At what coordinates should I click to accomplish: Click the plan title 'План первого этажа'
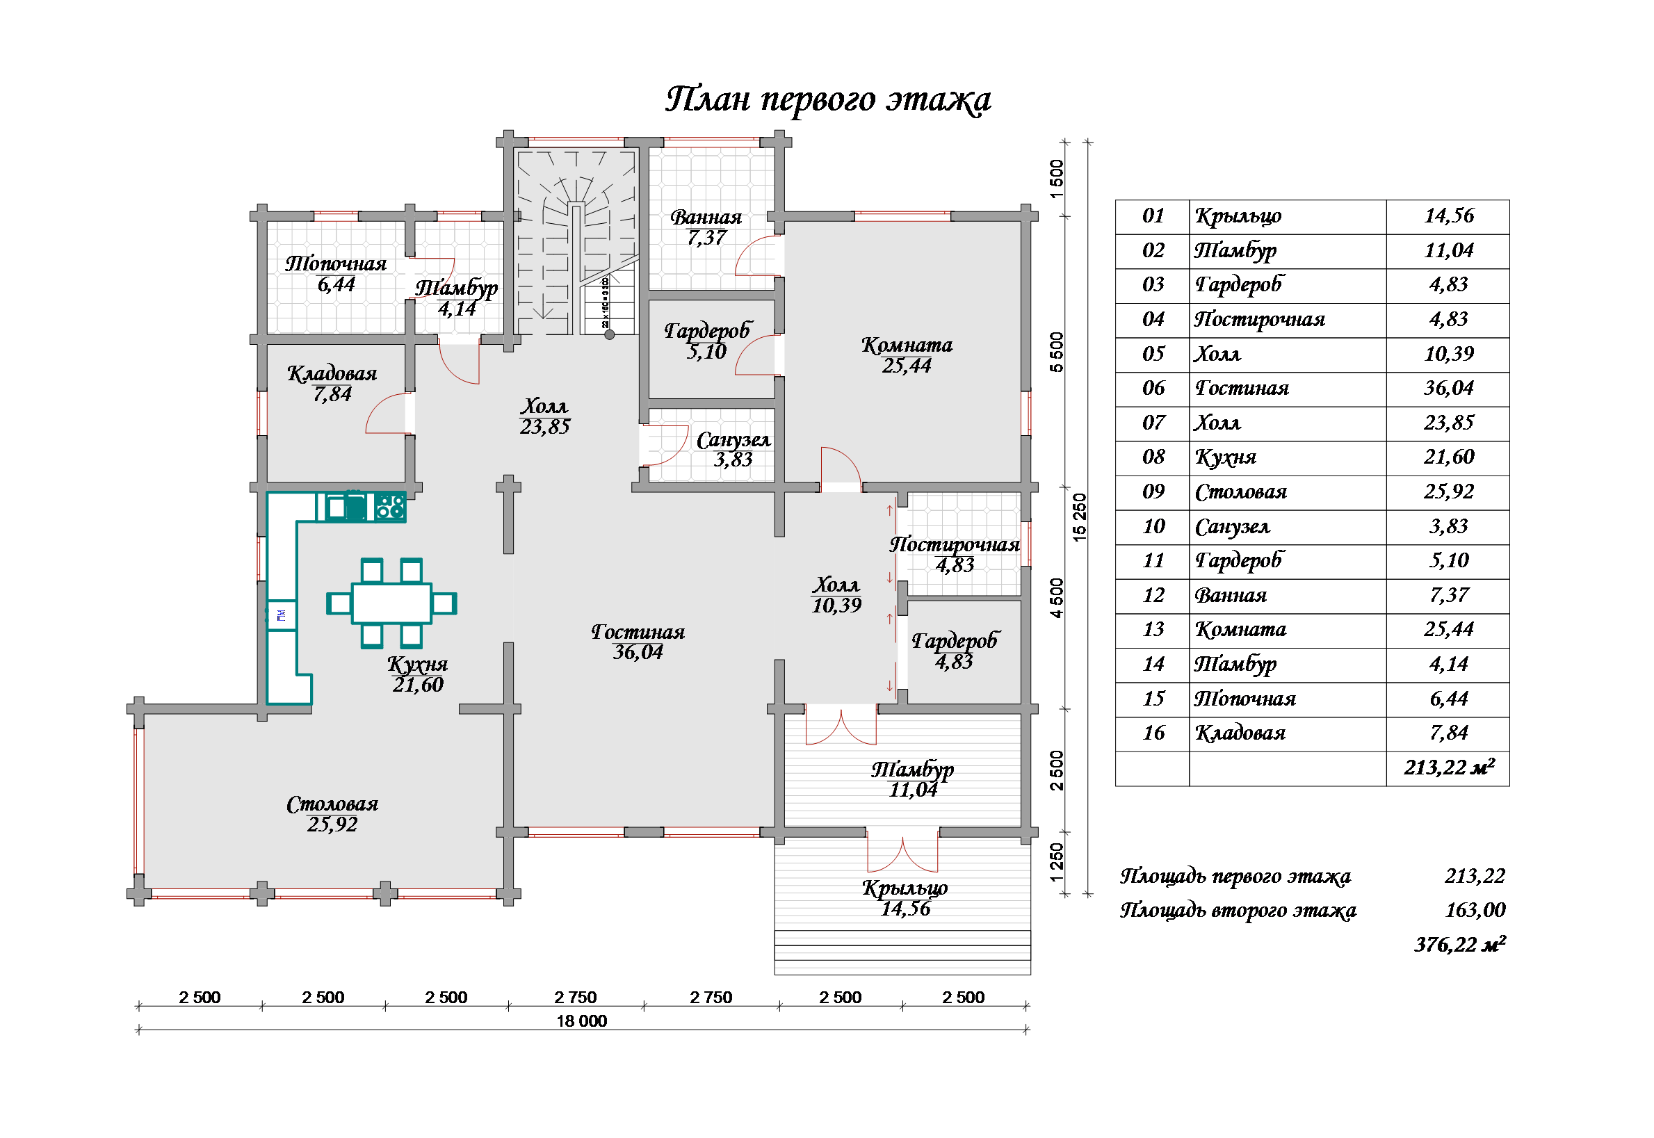tap(828, 100)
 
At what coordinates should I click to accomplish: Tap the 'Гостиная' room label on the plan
tap(638, 632)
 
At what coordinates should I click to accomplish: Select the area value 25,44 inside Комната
tap(907, 366)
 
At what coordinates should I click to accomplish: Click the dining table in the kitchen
tap(391, 604)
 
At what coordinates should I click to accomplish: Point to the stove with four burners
tap(390, 507)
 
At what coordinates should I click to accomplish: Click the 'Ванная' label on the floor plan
tap(706, 218)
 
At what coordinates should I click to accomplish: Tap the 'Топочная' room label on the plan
tap(336, 264)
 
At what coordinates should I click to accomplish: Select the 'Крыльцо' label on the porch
tap(905, 888)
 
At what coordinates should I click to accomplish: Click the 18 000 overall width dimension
tap(582, 1021)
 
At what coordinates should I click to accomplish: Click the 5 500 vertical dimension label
tap(1057, 352)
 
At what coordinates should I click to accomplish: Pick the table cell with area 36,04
tap(1448, 389)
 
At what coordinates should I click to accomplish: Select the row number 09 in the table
tap(1153, 492)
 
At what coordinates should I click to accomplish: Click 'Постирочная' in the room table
tap(1260, 320)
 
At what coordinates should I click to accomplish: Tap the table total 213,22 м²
tap(1449, 768)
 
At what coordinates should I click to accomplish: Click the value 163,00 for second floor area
tap(1475, 911)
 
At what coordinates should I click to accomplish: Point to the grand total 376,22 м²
tap(1460, 945)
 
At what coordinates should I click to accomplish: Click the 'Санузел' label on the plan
tap(733, 441)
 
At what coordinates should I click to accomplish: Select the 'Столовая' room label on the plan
tap(332, 804)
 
